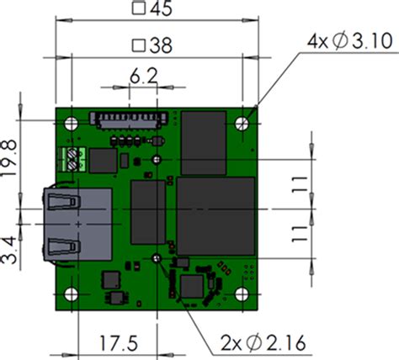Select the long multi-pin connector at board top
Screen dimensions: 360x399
(x=126, y=119)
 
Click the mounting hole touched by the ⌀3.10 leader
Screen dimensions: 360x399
(x=243, y=123)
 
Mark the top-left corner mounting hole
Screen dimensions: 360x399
(x=71, y=123)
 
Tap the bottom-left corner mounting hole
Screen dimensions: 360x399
(x=71, y=294)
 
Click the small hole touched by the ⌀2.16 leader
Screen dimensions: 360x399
(x=157, y=258)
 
